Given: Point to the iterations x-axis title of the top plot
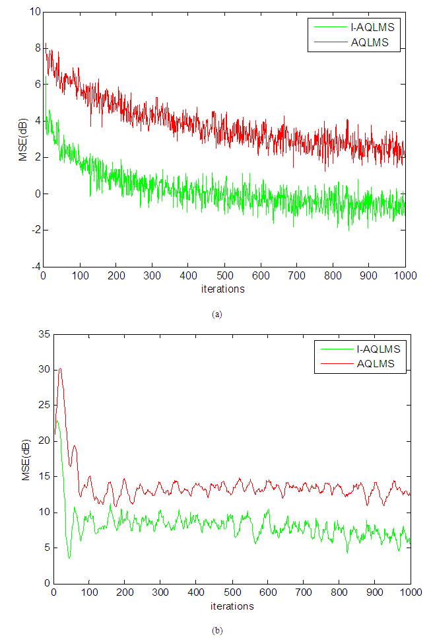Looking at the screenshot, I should [224, 289].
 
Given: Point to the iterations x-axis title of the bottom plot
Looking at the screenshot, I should [232, 606].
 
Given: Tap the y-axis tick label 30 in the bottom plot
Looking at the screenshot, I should [44, 369].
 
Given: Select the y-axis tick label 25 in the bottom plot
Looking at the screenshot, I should [44, 405].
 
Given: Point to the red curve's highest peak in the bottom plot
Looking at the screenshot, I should [60, 369].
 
